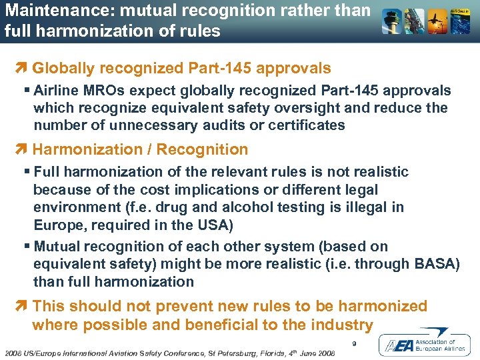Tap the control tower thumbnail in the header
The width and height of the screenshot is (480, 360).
(x=391, y=22)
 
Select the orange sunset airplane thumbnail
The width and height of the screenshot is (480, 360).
(x=437, y=22)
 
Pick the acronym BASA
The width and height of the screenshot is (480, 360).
(x=433, y=264)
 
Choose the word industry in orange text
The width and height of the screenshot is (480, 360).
(x=340, y=325)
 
